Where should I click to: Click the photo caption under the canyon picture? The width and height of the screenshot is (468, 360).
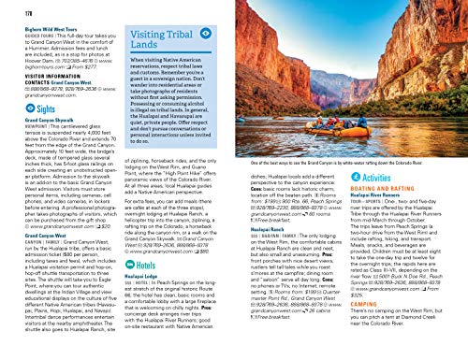tap(347, 176)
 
